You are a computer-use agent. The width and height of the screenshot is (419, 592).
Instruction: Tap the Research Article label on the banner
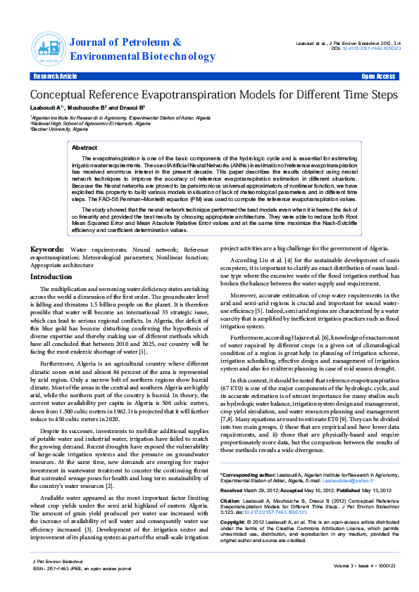point(55,76)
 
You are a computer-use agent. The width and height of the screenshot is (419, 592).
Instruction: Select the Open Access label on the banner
point(378,76)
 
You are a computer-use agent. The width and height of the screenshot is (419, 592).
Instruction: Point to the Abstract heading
point(85,148)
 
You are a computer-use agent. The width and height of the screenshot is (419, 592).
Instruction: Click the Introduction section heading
point(51,277)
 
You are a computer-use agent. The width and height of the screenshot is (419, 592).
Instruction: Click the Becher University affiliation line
point(59,130)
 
